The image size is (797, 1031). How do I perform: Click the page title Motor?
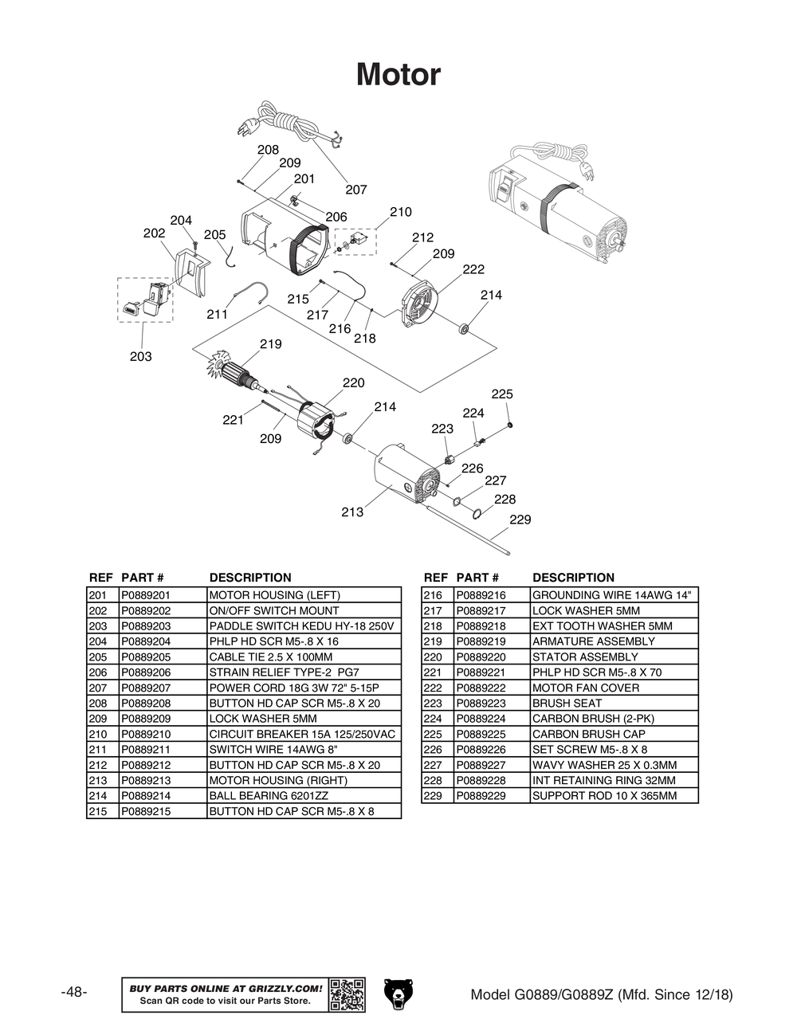point(398,75)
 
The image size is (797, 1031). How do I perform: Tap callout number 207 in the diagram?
point(355,190)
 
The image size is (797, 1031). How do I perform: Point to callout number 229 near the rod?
point(520,519)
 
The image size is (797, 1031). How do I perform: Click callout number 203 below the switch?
point(140,356)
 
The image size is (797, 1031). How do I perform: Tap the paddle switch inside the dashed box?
point(148,300)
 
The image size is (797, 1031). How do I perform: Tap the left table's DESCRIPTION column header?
point(250,578)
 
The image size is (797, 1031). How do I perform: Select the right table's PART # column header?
point(477,578)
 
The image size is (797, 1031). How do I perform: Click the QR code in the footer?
point(347,994)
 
